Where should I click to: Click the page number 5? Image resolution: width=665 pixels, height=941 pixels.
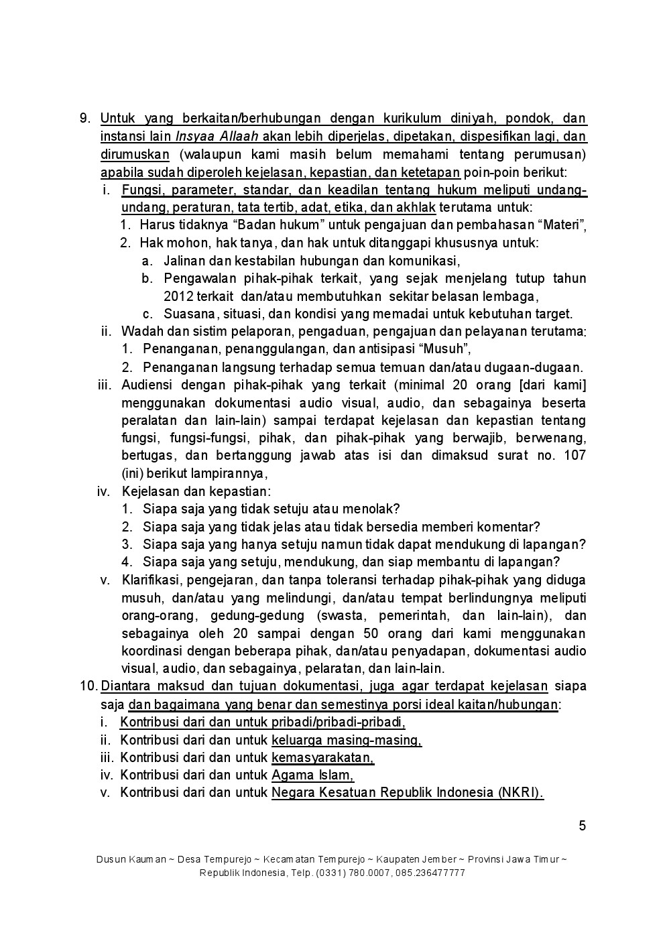point(583,826)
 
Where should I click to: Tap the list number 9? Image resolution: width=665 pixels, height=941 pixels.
point(84,119)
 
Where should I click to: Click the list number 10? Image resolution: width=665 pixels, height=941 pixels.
point(88,686)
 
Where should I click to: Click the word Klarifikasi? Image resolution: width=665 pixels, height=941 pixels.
point(149,580)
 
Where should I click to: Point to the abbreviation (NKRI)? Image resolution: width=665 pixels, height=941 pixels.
point(520,792)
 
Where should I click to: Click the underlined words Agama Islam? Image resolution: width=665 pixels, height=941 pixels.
point(312,775)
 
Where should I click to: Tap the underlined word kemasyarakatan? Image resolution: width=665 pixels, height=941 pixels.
point(322,757)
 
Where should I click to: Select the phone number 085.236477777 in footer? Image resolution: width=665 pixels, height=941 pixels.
point(432,873)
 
